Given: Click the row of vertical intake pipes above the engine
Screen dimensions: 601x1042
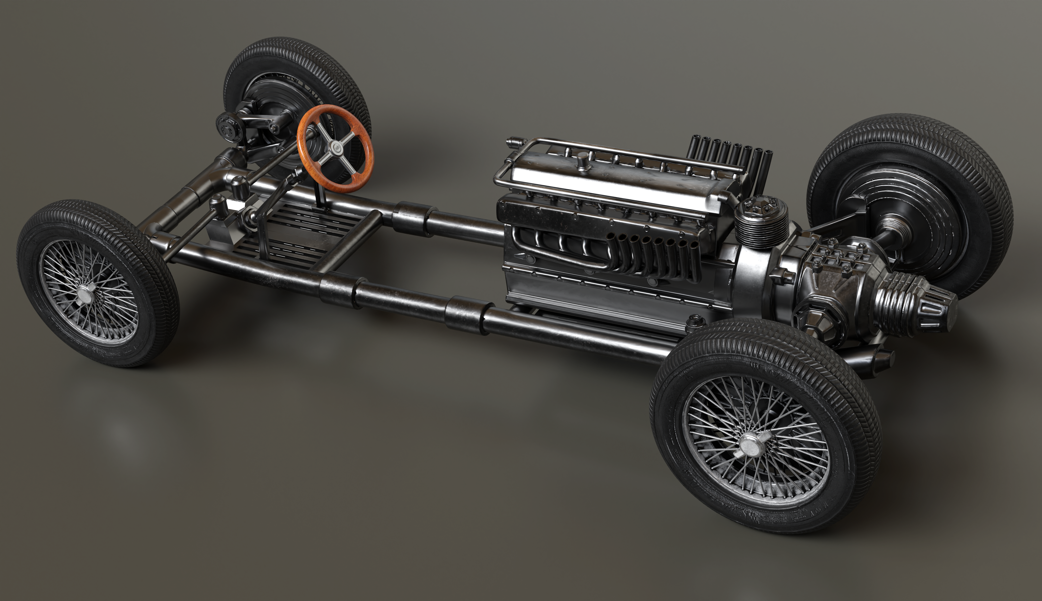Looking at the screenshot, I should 729,155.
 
